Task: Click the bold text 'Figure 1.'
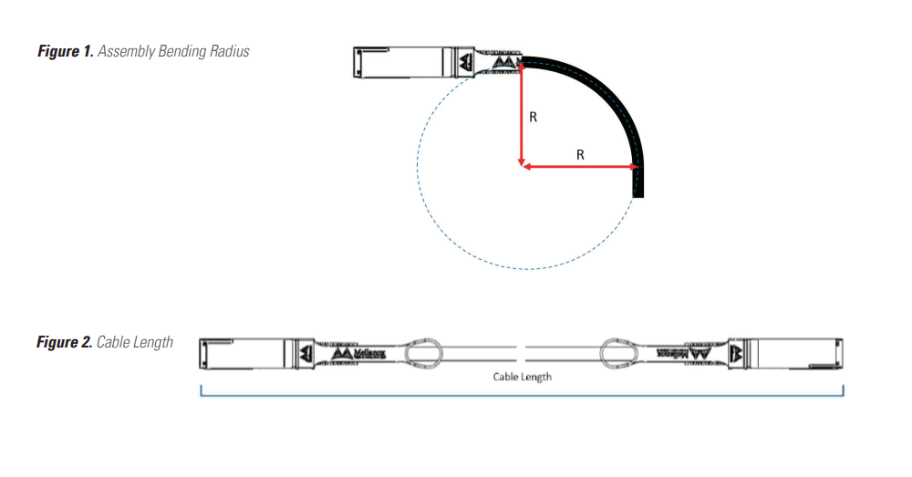pyautogui.click(x=65, y=52)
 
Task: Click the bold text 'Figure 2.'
pyautogui.click(x=64, y=343)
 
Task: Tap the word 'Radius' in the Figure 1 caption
pyautogui.click(x=227, y=52)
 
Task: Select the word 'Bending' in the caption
pyautogui.click(x=181, y=52)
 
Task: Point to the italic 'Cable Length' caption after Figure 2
pyautogui.click(x=135, y=343)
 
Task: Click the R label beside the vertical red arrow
pyautogui.click(x=534, y=118)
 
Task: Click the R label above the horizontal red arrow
pyautogui.click(x=580, y=155)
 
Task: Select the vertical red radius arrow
pyautogui.click(x=521, y=114)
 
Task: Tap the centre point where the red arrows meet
pyautogui.click(x=521, y=167)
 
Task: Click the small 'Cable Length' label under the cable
pyautogui.click(x=522, y=376)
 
